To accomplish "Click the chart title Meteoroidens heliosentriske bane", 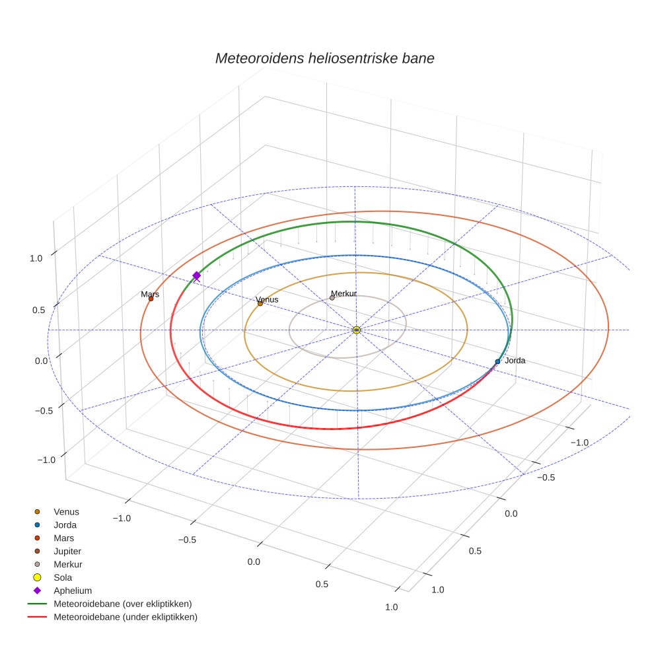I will coord(324,58).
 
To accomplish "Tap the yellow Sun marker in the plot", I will coord(356,330).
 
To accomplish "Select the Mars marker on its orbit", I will coord(151,299).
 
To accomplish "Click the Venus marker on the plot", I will coord(260,303).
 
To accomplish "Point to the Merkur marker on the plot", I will coord(332,298).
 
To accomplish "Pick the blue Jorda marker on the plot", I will coord(497,361).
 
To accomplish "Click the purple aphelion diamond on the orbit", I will coord(196,275).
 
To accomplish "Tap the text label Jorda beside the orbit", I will coord(515,361).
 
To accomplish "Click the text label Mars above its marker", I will coord(150,294).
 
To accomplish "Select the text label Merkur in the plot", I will coord(343,293).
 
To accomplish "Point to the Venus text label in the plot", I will coord(267,299).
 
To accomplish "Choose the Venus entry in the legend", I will coord(66,511).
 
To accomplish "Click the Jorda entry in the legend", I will coord(65,524).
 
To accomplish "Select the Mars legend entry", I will coord(63,538).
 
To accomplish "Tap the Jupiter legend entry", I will coord(67,551).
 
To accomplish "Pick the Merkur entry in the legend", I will coord(67,564).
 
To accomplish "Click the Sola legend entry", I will coord(63,577).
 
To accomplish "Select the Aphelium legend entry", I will coord(73,591).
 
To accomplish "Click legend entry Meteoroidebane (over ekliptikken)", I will coord(122,604).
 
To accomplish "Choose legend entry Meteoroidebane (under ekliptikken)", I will coord(126,617).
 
